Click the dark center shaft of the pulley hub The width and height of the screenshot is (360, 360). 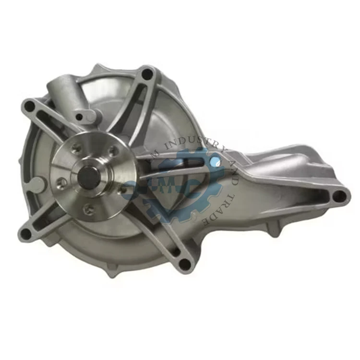pos(89,177)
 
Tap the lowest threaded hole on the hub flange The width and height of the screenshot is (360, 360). pos(87,208)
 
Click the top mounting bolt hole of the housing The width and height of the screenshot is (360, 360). pos(147,74)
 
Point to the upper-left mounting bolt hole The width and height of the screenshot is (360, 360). pos(30,106)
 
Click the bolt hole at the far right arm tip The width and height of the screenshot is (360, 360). pos(339,195)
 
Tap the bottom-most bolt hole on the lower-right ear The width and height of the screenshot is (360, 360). pos(184,263)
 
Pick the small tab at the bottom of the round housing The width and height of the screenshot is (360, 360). pos(112,272)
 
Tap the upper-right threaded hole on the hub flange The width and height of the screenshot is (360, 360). pos(113,151)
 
